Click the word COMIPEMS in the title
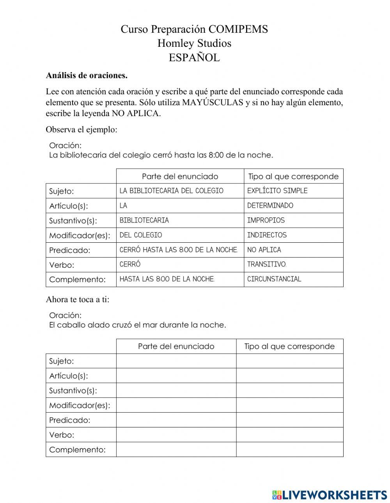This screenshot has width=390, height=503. [x=238, y=29]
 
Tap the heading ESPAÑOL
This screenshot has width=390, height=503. [x=194, y=58]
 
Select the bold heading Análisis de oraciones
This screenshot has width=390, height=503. [x=87, y=75]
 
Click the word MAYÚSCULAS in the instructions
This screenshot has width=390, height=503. [x=213, y=103]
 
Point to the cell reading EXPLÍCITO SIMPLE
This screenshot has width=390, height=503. [x=277, y=191]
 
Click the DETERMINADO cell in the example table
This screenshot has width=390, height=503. [x=270, y=206]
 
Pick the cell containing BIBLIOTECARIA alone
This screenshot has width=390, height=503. [x=144, y=221]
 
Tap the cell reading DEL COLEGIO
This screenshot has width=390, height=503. [x=141, y=235]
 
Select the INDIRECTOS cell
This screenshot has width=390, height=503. [x=267, y=235]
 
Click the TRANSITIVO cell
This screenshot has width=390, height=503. [x=267, y=265]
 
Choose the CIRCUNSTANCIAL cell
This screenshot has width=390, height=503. [x=274, y=279]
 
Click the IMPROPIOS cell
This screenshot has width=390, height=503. [x=266, y=221]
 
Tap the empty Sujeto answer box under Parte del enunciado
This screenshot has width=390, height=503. [x=176, y=361]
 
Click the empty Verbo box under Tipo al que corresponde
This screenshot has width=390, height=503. [x=289, y=435]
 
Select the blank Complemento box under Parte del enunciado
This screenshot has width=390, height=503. [x=176, y=450]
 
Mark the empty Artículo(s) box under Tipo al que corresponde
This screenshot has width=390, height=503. [x=289, y=376]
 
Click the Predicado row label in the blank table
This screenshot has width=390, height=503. [x=69, y=420]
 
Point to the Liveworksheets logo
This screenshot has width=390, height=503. [x=329, y=495]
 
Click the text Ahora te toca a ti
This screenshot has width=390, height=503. [x=78, y=300]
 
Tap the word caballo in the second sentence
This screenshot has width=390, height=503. [x=71, y=325]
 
